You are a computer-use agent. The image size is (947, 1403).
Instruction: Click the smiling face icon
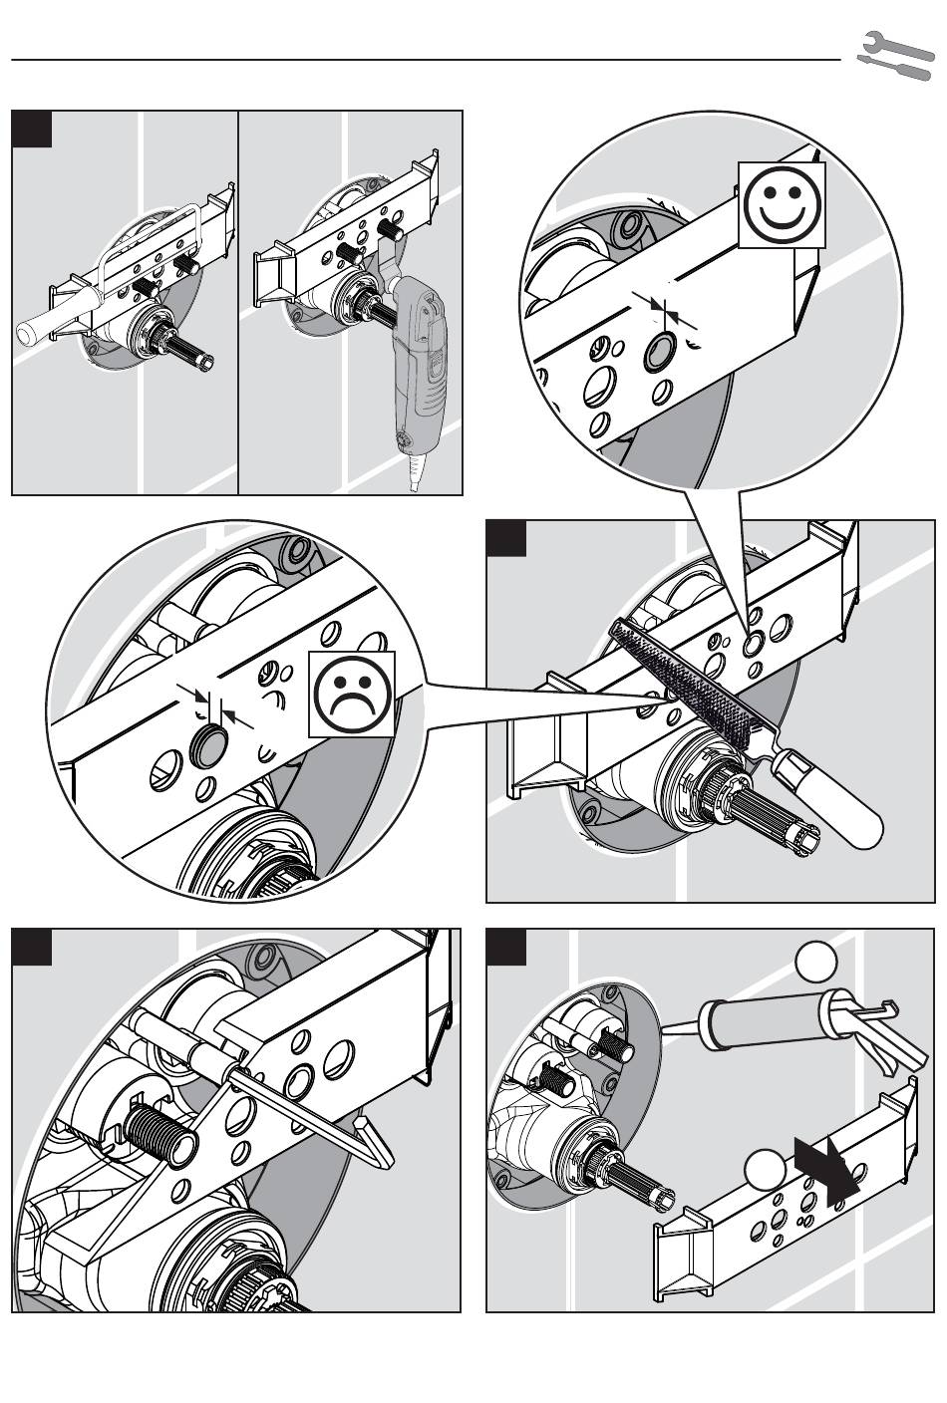(x=782, y=205)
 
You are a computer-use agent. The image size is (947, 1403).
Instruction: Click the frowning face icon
(x=352, y=695)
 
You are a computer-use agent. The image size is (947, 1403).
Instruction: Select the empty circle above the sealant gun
(x=816, y=967)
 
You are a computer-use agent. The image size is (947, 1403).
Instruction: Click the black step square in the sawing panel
(x=31, y=131)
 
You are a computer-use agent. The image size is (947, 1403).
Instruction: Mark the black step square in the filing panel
(x=506, y=539)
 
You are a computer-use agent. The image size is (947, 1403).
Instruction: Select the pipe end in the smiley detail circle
(x=659, y=352)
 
